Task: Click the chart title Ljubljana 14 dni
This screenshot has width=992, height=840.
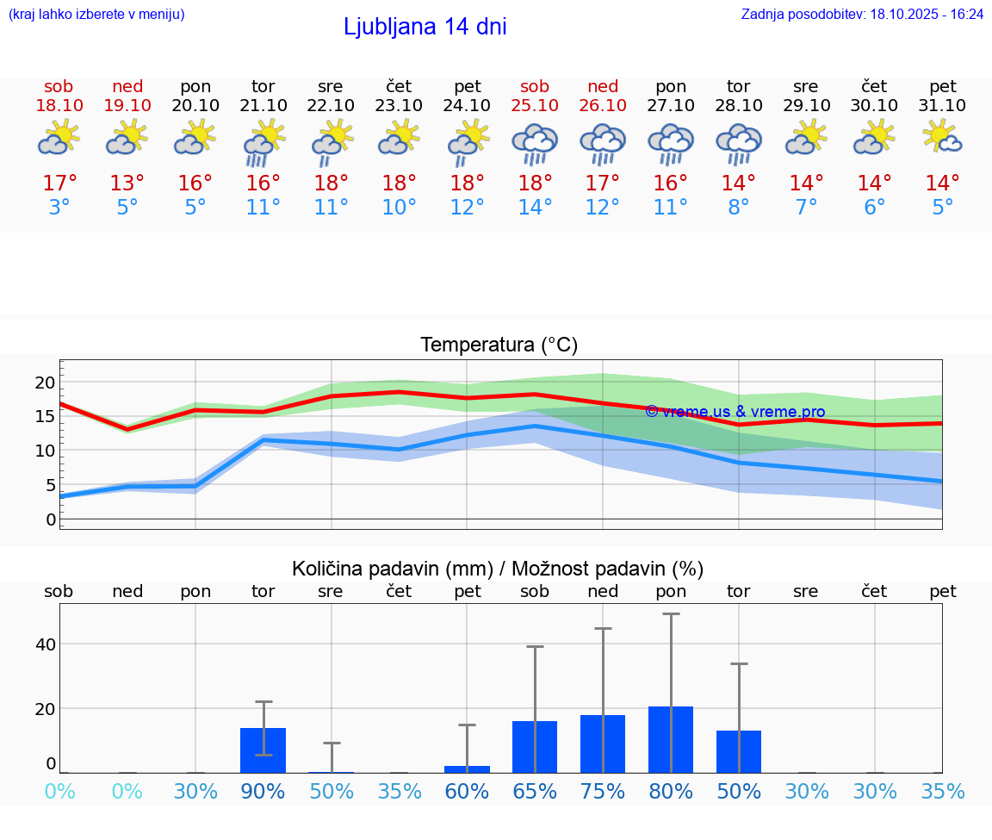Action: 425,27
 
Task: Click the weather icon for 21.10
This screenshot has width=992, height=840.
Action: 263,143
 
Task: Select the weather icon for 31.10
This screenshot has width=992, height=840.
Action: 942,138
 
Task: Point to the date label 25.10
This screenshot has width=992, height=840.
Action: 535,105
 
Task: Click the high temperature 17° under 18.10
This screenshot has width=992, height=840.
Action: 59,184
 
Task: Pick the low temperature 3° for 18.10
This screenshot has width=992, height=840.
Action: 59,208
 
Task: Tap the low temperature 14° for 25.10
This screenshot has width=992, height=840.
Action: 535,208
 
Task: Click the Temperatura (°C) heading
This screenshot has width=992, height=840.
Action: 499,345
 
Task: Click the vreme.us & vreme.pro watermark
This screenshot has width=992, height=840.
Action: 735,412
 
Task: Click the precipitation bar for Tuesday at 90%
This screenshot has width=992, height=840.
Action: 263,750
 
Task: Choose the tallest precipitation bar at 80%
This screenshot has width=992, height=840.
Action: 671,739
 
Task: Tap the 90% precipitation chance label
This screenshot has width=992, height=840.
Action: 263,791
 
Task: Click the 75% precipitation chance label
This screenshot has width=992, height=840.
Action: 603,791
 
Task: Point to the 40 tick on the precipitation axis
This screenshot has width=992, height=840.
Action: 46,644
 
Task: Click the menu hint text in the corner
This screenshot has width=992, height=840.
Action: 96,14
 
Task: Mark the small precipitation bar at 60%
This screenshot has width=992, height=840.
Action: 467,768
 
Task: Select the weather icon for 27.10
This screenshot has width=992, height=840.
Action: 671,143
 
